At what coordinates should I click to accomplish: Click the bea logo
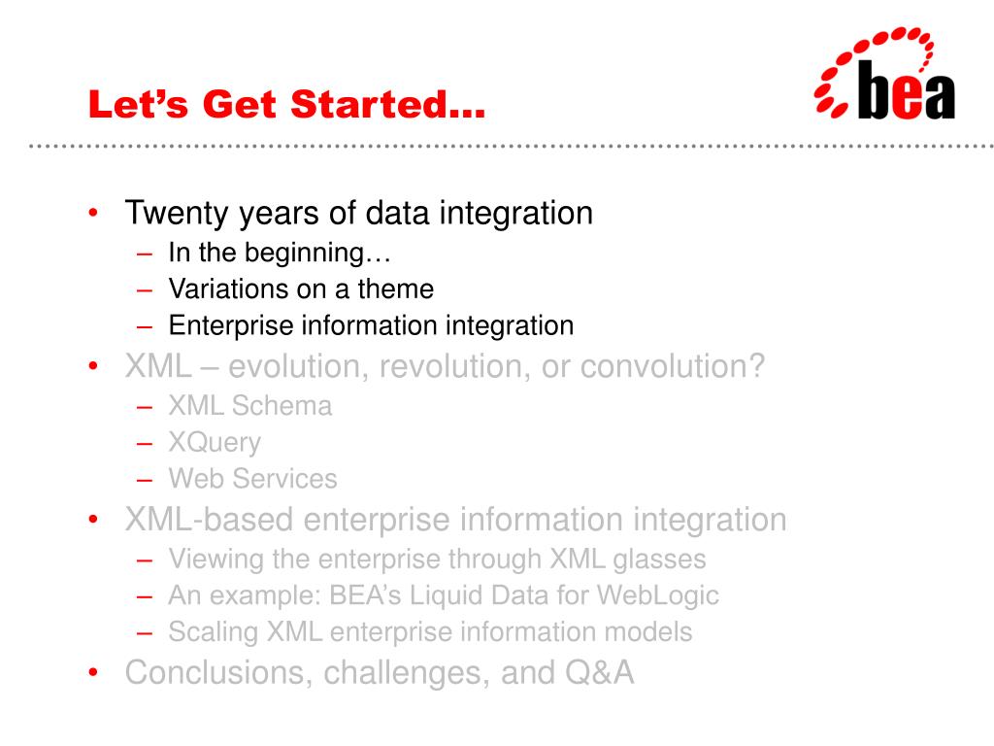[x=885, y=73]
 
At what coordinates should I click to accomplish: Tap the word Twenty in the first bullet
[x=178, y=214]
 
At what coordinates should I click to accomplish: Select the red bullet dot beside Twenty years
[x=93, y=213]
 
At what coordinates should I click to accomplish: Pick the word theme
[x=396, y=289]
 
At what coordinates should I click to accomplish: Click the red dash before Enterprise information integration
[x=145, y=327]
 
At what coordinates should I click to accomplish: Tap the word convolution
[x=672, y=366]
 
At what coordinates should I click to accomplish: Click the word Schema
[x=282, y=406]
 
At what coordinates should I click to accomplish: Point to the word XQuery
[x=215, y=443]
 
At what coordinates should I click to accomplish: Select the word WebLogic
[x=658, y=596]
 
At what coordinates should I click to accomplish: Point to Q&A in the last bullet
[x=599, y=672]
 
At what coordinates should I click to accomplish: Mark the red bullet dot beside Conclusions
[x=93, y=672]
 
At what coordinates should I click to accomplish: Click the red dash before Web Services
[x=145, y=480]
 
